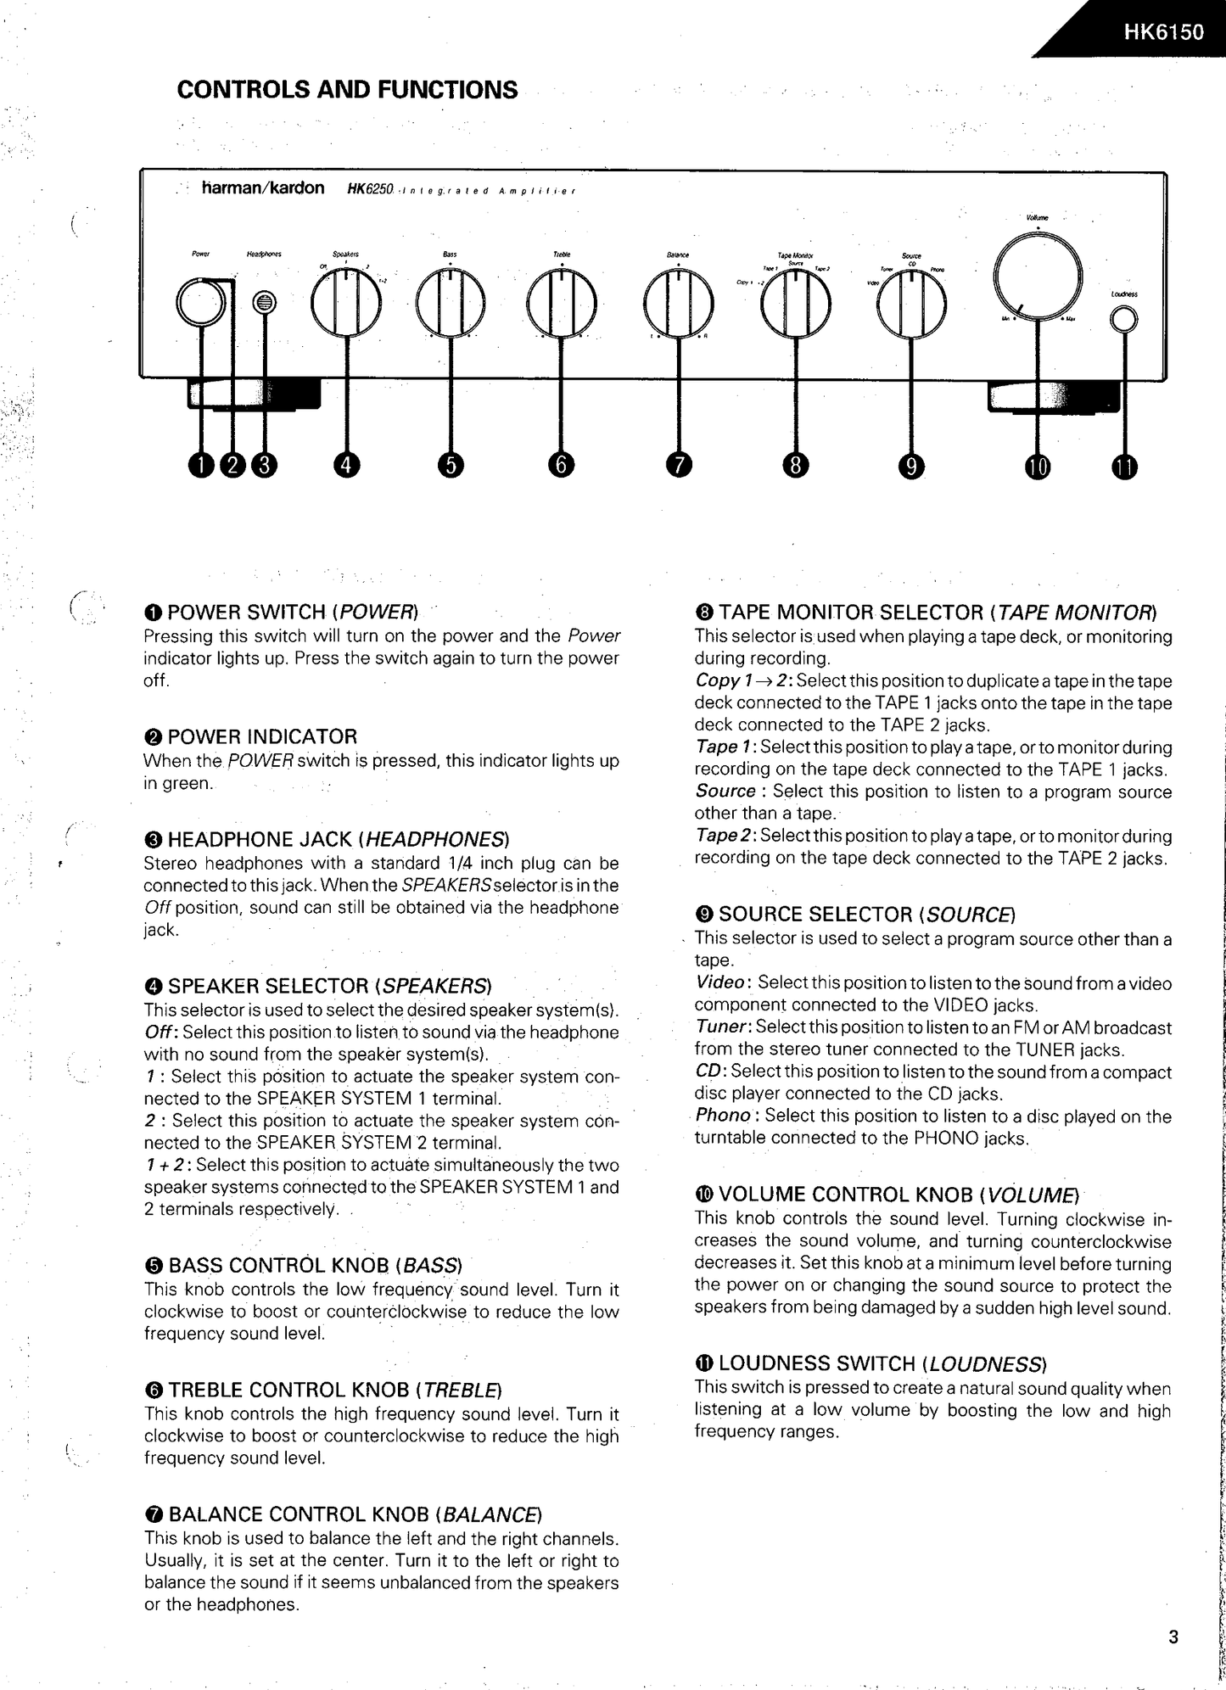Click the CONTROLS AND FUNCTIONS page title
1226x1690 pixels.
pyautogui.click(x=347, y=90)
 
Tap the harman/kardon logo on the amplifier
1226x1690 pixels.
pyautogui.click(x=262, y=188)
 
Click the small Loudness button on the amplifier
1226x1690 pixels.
pyautogui.click(x=1123, y=319)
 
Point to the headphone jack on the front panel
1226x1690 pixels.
pyautogui.click(x=265, y=302)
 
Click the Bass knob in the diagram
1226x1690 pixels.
pyautogui.click(x=450, y=304)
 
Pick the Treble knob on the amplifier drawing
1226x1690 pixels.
pyautogui.click(x=561, y=304)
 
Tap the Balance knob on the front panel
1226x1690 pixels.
pyautogui.click(x=678, y=304)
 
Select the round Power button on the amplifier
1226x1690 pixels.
pyautogui.click(x=201, y=302)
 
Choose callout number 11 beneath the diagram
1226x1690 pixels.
pyautogui.click(x=1124, y=467)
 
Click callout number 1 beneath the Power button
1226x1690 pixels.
pyautogui.click(x=201, y=466)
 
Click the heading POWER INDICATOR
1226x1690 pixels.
pyautogui.click(x=261, y=736)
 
